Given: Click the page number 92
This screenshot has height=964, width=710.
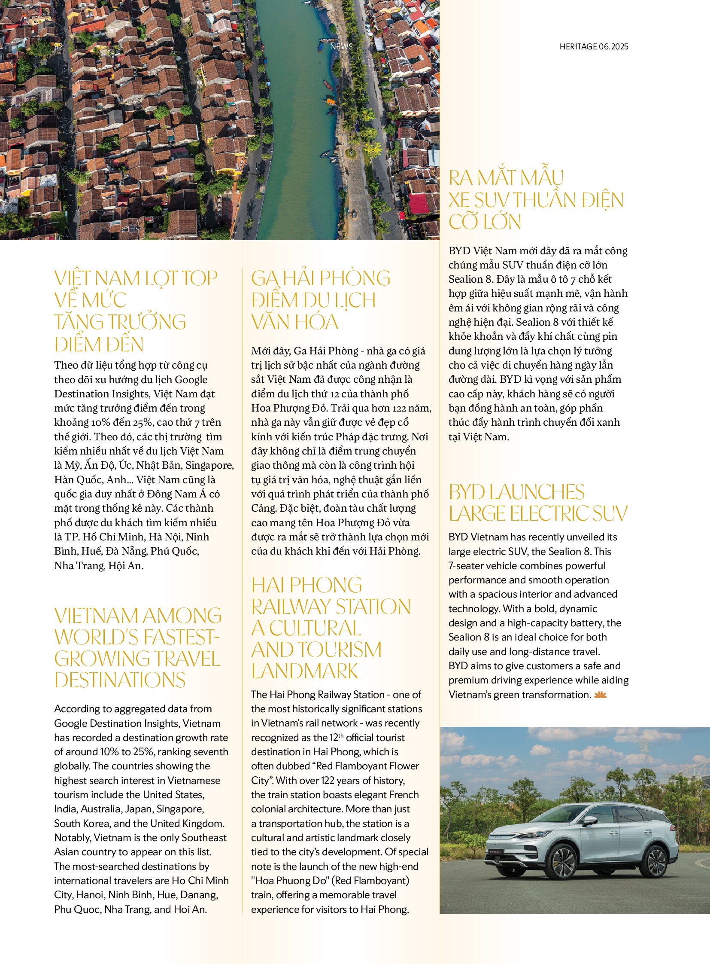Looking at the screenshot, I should point(58,46).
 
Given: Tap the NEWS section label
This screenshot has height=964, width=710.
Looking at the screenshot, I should point(341,46).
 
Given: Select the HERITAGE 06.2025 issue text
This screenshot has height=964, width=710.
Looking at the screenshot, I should point(594,46).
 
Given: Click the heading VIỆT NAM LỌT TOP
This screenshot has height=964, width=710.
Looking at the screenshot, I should point(136,279).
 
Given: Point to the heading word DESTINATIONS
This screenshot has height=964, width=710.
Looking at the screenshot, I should point(120,680).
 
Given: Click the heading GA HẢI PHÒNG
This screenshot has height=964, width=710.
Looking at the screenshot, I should point(321,279).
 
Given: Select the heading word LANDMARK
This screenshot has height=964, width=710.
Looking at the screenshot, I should point(305,671).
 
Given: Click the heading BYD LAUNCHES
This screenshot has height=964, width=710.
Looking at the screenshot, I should point(516,492).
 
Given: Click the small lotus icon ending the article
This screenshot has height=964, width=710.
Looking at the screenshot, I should point(600,695).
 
